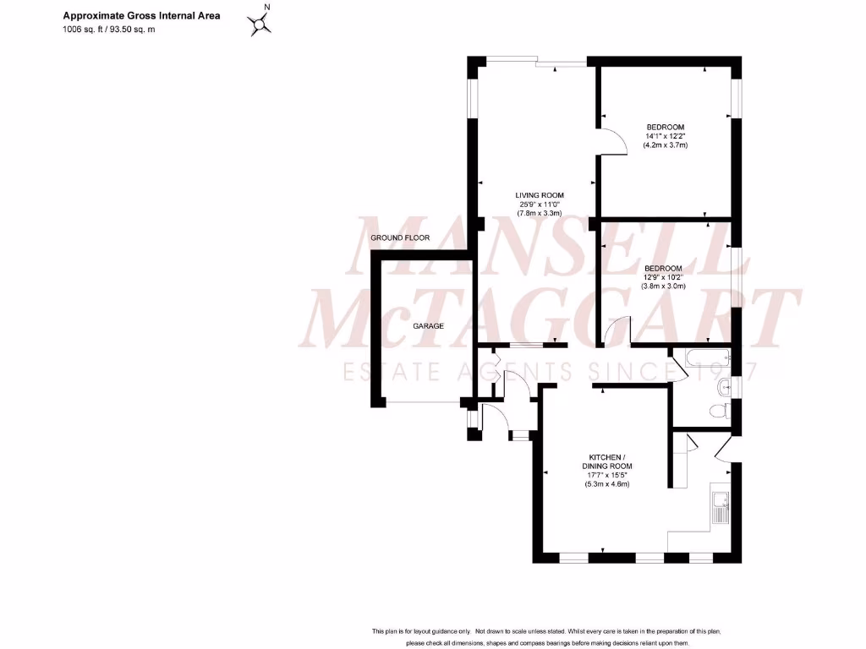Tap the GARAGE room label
pos(428,325)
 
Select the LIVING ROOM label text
pos(540,195)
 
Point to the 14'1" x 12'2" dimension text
pos(665,136)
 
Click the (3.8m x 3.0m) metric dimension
pos(664,286)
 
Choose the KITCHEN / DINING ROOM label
pos(607,461)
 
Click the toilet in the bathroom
pos(719,412)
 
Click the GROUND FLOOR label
pos(400,238)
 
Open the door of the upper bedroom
pos(613,142)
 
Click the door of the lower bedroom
pos(617,330)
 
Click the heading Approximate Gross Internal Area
pos(141,15)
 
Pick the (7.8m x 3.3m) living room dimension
pos(540,214)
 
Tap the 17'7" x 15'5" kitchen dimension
pos(607,475)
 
